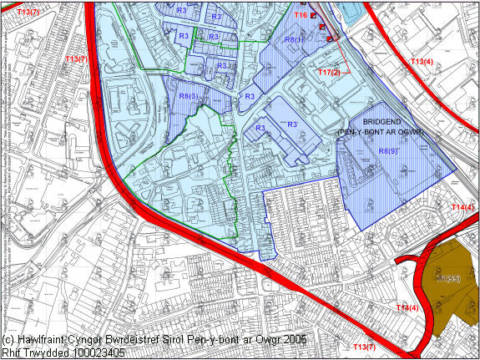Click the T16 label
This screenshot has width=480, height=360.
click(x=301, y=15)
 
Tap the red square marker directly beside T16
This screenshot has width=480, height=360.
click(x=314, y=15)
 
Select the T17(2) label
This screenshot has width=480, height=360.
click(x=330, y=74)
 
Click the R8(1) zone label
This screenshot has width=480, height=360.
click(x=294, y=39)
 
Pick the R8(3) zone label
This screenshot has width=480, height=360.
click(x=189, y=97)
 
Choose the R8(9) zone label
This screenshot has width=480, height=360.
click(x=388, y=151)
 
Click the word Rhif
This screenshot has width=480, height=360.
click(x=11, y=352)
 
